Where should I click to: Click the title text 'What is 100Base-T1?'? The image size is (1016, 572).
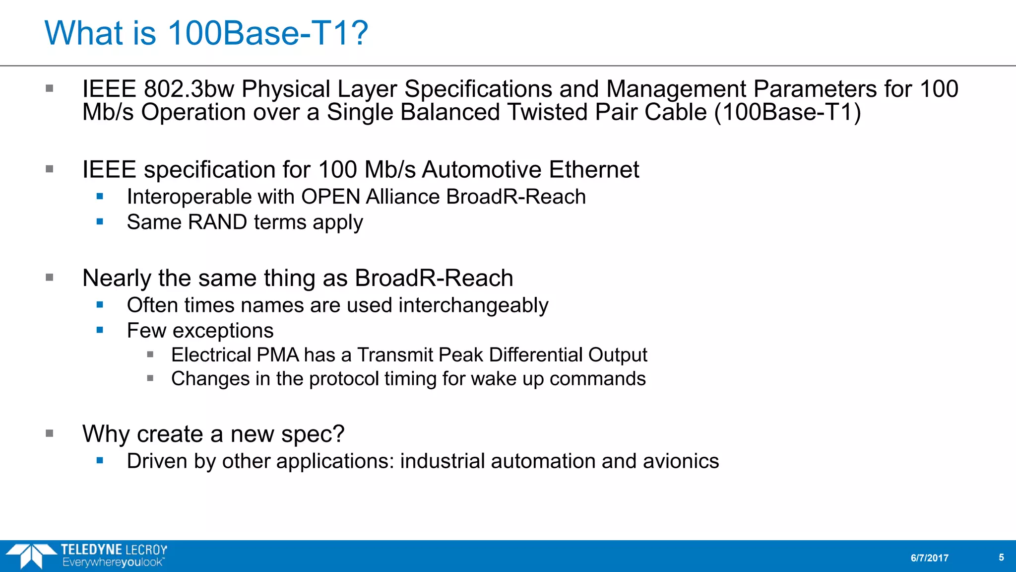(x=206, y=33)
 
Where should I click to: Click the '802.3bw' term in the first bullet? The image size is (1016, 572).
(x=189, y=89)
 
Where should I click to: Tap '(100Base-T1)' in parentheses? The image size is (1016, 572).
(x=787, y=112)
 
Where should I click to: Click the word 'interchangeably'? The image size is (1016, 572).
(x=473, y=305)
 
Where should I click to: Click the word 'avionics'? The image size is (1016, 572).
(x=681, y=461)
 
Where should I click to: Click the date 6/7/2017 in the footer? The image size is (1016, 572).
(x=929, y=558)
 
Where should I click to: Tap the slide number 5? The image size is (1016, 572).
(x=1001, y=558)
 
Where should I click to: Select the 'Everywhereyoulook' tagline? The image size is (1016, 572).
(x=113, y=563)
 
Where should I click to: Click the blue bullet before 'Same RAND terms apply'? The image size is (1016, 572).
(x=100, y=221)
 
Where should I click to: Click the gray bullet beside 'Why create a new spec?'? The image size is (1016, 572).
(x=50, y=433)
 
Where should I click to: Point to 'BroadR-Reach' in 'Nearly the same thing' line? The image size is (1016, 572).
(x=434, y=278)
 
